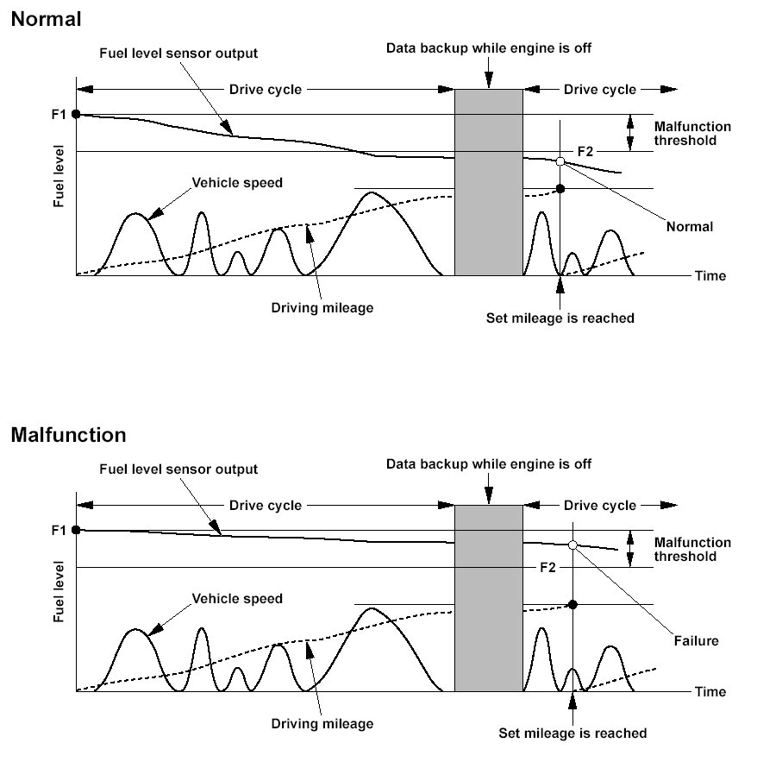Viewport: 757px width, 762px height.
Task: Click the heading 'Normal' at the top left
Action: click(x=47, y=20)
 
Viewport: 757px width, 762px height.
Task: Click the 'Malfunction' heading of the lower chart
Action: click(x=68, y=435)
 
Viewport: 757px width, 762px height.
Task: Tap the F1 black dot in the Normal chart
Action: click(x=76, y=114)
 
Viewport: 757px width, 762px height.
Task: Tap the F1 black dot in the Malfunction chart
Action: click(x=76, y=530)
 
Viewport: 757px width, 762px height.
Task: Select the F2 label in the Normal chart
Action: click(x=585, y=152)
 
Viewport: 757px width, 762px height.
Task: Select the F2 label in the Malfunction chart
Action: click(x=547, y=568)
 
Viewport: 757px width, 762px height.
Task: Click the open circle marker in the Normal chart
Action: click(x=560, y=161)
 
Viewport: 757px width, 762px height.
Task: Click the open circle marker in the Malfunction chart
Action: click(x=573, y=545)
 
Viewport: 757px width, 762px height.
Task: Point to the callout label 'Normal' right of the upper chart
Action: click(x=690, y=227)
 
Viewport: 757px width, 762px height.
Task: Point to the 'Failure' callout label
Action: click(x=697, y=641)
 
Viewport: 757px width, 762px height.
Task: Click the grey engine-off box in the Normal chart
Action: click(x=489, y=182)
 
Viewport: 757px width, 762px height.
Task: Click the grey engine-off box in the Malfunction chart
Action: click(x=489, y=598)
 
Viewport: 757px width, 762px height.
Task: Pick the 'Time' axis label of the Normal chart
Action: click(x=710, y=276)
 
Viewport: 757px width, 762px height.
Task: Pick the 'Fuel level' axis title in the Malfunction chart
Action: click(x=59, y=592)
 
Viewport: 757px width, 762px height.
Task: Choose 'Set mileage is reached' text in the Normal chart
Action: click(x=560, y=318)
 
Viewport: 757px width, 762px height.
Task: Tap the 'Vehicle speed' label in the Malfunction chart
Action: click(x=237, y=599)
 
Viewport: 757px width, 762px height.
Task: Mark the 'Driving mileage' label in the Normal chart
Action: click(x=322, y=308)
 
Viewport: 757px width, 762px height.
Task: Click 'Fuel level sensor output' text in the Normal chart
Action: click(x=178, y=54)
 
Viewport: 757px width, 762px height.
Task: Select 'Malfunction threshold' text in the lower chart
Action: click(x=692, y=550)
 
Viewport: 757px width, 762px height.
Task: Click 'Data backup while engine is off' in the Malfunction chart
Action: click(x=489, y=464)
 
